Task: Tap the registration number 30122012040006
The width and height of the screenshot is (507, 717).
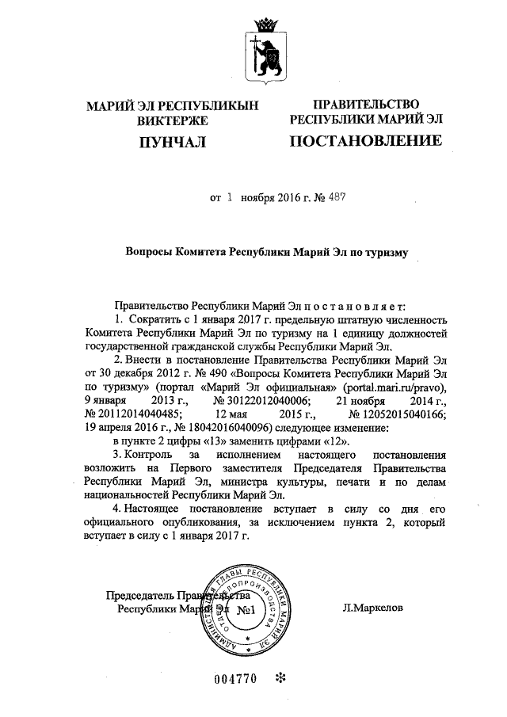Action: coord(262,399)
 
